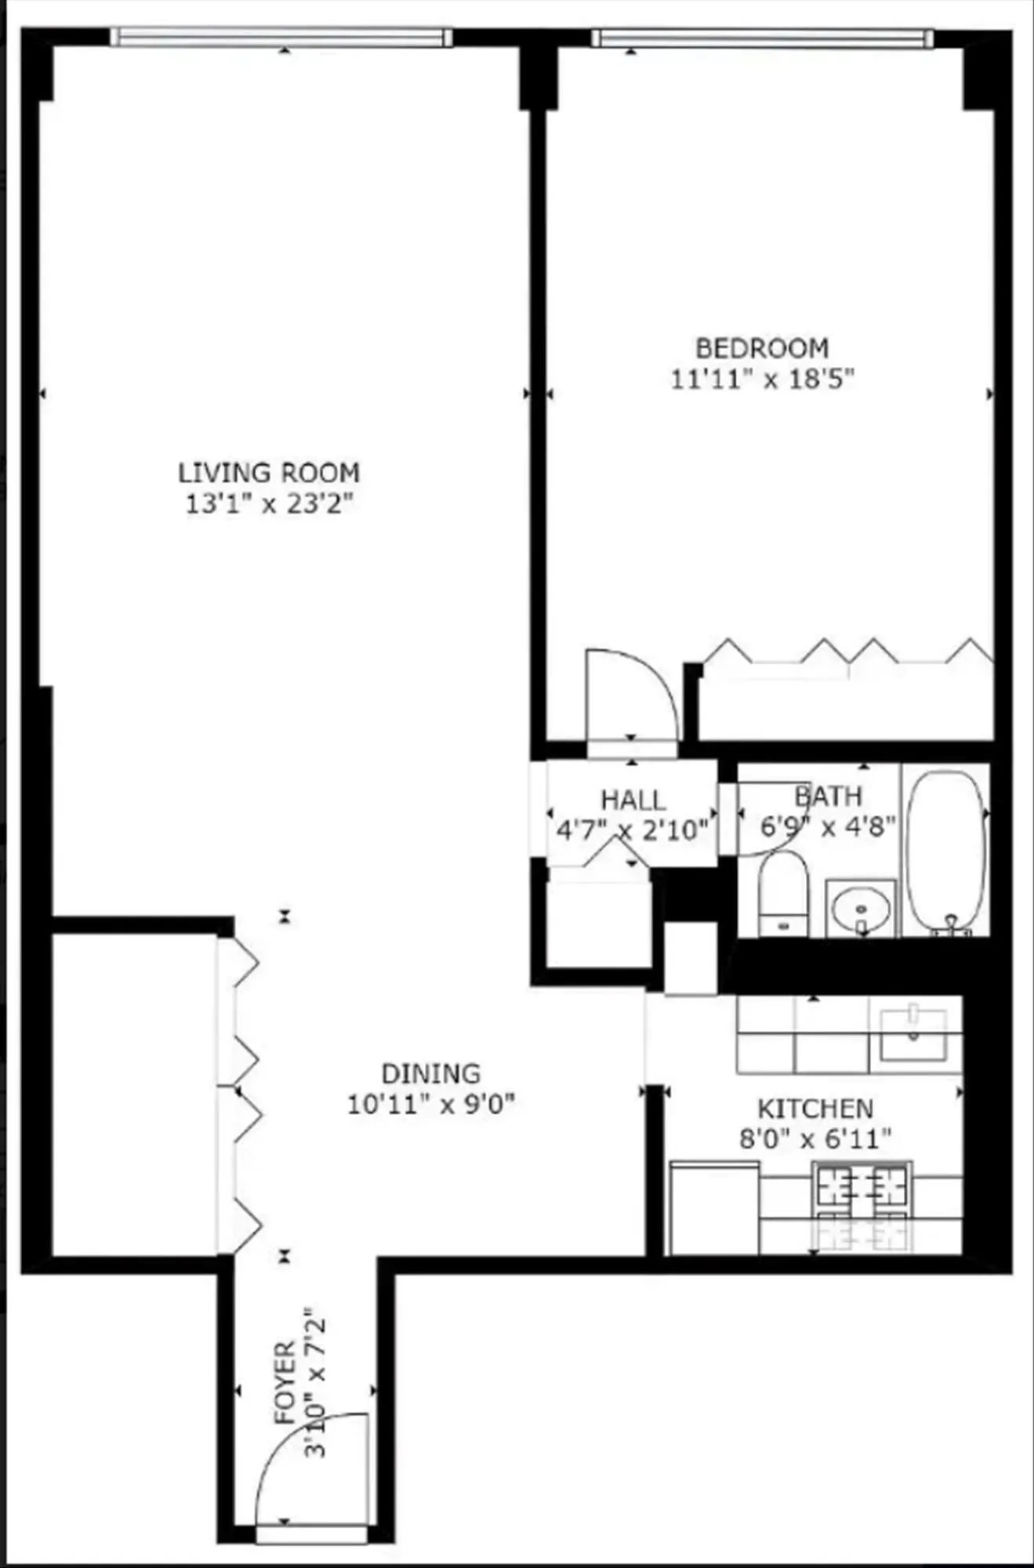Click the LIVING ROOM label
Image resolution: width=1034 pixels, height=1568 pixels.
pyautogui.click(x=268, y=473)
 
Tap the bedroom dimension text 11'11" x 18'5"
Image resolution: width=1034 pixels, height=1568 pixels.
pyautogui.click(x=761, y=379)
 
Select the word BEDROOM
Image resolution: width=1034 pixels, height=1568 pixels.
pyautogui.click(x=762, y=347)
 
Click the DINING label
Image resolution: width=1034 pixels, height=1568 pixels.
pyautogui.click(x=430, y=1073)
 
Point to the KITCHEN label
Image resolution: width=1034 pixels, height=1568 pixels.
pyautogui.click(x=815, y=1109)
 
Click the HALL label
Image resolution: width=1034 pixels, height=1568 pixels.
pyautogui.click(x=633, y=800)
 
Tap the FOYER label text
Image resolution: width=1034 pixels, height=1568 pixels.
pyautogui.click(x=285, y=1381)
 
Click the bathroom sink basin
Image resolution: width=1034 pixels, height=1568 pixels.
pyautogui.click(x=861, y=909)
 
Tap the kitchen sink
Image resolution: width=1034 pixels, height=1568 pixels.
pyautogui.click(x=913, y=1035)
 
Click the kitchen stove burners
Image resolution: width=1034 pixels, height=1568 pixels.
pyautogui.click(x=862, y=1207)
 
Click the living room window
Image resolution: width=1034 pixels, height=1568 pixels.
pyautogui.click(x=281, y=37)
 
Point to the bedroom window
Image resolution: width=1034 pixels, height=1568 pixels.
pyautogui.click(x=762, y=38)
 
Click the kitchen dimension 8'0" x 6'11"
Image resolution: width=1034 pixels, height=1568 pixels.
pyautogui.click(x=815, y=1138)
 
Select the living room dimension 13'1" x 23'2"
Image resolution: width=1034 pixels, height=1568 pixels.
pyautogui.click(x=269, y=503)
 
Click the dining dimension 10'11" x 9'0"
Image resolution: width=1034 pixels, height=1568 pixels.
pyautogui.click(x=430, y=1104)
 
